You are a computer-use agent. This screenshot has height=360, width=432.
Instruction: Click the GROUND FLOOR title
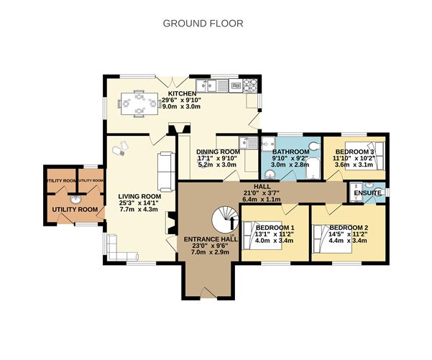[203, 23]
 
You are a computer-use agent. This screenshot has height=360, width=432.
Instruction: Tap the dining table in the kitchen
[137, 103]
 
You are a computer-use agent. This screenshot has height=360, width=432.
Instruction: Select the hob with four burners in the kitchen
[249, 85]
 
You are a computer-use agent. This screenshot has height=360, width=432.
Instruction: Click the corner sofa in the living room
[118, 251]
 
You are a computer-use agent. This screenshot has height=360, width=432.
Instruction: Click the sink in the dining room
[247, 143]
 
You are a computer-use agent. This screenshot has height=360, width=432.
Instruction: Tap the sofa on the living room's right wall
[166, 171]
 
